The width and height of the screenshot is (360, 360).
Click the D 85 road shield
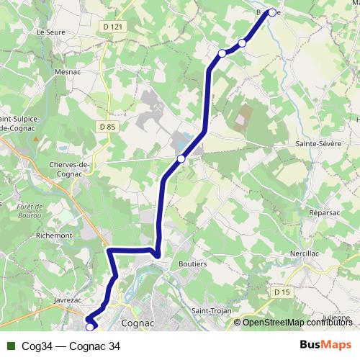point(107,127)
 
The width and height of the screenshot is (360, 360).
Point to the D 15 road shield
point(281,292)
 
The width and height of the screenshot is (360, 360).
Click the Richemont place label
point(55,235)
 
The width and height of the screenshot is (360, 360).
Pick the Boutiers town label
point(193,264)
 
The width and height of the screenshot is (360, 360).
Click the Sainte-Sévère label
point(315,144)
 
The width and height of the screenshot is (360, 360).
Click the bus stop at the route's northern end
point(272,12)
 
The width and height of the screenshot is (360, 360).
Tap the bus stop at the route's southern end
point(90,327)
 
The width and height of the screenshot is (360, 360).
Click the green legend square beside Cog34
point(12,346)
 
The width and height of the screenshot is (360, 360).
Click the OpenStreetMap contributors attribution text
point(295,323)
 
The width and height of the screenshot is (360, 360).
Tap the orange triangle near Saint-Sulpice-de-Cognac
point(35,136)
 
